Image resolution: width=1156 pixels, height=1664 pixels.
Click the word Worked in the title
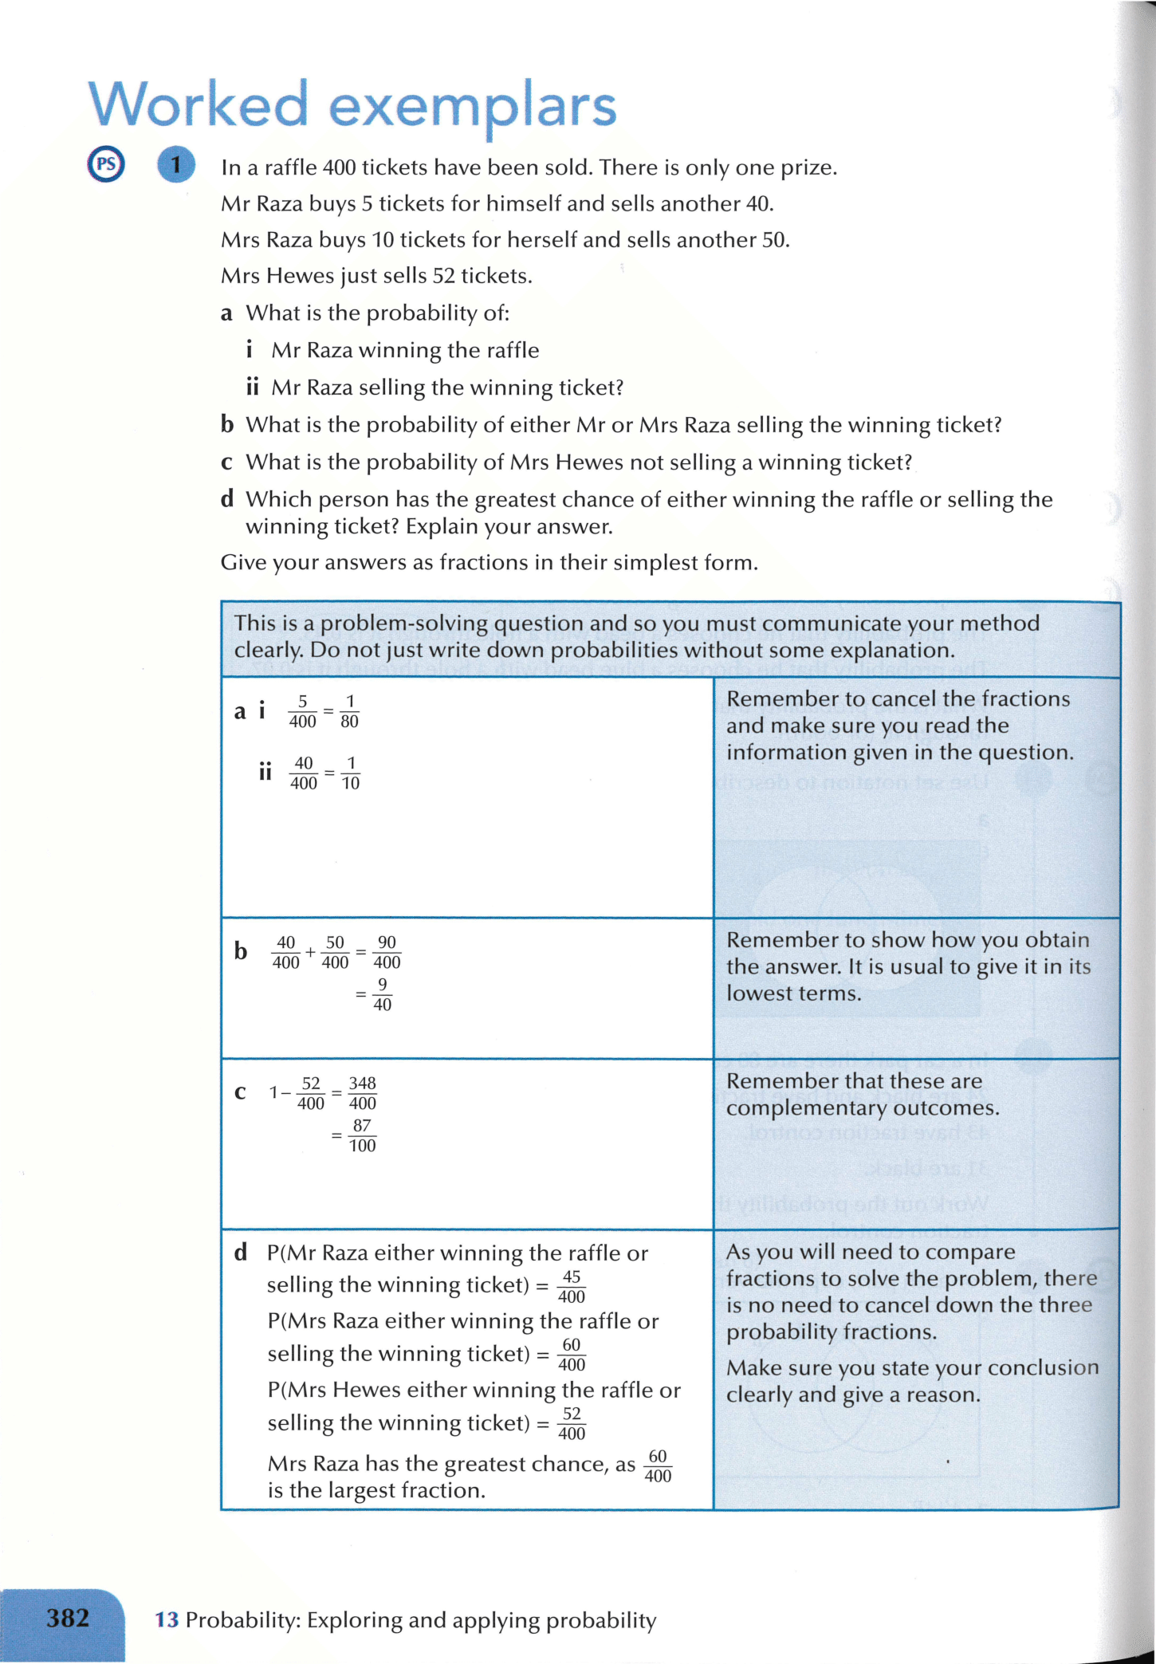(198, 104)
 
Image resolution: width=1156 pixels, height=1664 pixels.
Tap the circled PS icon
(106, 165)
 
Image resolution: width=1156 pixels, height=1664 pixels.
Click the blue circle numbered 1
(176, 165)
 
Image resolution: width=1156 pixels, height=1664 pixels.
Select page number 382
(68, 1619)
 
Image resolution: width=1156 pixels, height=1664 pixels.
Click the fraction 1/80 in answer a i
(349, 711)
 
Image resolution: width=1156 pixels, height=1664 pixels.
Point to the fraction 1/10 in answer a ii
(350, 773)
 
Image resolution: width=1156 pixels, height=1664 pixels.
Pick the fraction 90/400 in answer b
(387, 952)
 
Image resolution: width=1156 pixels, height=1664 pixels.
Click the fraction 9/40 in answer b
(382, 994)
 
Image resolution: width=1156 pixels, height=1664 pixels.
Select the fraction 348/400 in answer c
(362, 1093)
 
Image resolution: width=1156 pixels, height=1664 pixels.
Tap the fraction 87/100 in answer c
(362, 1135)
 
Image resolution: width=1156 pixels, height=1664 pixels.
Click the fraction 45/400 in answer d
(572, 1286)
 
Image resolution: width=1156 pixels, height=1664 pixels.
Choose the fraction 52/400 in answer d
(572, 1423)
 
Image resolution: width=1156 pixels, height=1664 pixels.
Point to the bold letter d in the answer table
(240, 1253)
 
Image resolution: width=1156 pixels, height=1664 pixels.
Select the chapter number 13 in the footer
(167, 1620)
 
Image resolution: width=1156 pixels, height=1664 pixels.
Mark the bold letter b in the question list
(227, 425)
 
